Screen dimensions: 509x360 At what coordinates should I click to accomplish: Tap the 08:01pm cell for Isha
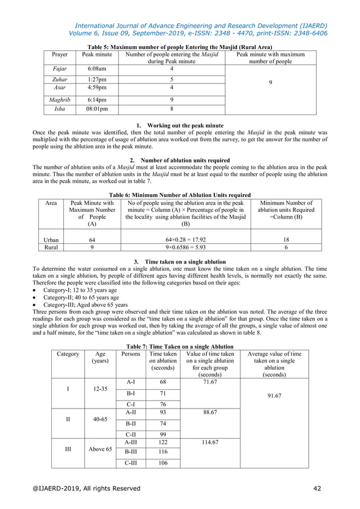pyautogui.click(x=96, y=109)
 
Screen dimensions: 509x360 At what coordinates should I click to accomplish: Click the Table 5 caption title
pyautogui.click(x=180, y=47)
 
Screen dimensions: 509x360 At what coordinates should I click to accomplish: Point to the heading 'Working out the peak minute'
pyautogui.click(x=180, y=125)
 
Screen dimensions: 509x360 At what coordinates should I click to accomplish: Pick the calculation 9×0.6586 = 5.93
pyautogui.click(x=186, y=247)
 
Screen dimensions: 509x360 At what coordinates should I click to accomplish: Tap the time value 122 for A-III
pyautogui.click(x=163, y=442)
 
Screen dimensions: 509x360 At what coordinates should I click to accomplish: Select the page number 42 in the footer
pyautogui.click(x=319, y=489)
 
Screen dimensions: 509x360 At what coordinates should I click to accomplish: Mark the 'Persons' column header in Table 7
pyautogui.click(x=130, y=354)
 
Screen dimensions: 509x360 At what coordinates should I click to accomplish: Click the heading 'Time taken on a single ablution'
pyautogui.click(x=185, y=262)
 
